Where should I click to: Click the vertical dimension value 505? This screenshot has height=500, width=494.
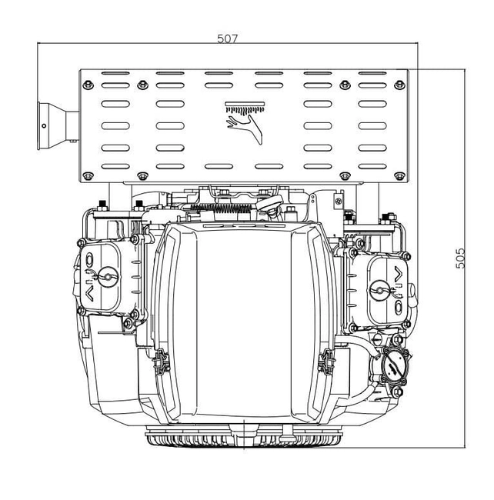click(460, 258)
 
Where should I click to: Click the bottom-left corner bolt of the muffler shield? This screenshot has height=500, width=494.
click(88, 176)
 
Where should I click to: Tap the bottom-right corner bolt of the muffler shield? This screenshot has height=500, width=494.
click(399, 176)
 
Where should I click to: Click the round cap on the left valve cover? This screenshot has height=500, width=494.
click(107, 275)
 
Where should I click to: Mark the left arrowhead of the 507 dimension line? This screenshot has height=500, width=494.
click(40, 46)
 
